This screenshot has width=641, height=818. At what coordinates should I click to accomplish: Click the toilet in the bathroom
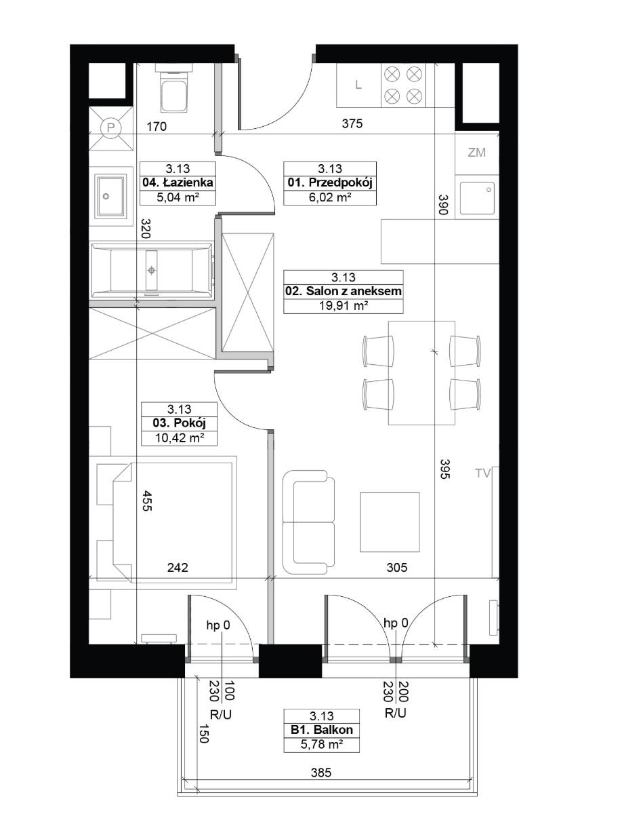coord(173,87)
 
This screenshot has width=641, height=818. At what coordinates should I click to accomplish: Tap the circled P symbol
coord(111,128)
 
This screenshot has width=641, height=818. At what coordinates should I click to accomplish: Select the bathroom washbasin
coord(110,196)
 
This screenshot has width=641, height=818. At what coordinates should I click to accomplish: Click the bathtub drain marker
coord(152,270)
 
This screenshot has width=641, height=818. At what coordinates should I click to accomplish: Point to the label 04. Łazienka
coord(178,183)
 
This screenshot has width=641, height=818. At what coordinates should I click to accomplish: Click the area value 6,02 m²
coord(330,197)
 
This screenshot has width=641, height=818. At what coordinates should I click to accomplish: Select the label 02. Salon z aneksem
coord(344,291)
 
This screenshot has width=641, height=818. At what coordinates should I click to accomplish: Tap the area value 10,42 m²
coord(180,437)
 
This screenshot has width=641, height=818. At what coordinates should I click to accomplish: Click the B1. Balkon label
coord(322,730)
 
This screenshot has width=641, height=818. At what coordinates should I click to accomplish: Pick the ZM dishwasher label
coord(477,153)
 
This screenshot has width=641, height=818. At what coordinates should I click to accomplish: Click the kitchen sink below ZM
coord(477,197)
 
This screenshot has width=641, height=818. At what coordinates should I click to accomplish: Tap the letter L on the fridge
coord(358,85)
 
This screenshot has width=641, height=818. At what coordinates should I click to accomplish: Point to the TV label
coord(482,473)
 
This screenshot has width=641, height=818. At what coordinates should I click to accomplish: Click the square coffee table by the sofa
coord(390,522)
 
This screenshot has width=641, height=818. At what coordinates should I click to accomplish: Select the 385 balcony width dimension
coord(321,773)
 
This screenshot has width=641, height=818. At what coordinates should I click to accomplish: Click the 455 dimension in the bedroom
coord(147,501)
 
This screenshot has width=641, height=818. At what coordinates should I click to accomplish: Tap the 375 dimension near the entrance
coord(352,123)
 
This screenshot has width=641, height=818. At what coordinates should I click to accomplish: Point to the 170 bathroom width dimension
coord(157,126)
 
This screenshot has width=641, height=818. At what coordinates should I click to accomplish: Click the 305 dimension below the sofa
coord(396,567)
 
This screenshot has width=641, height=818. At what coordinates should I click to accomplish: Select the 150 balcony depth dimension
coord(203,733)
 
